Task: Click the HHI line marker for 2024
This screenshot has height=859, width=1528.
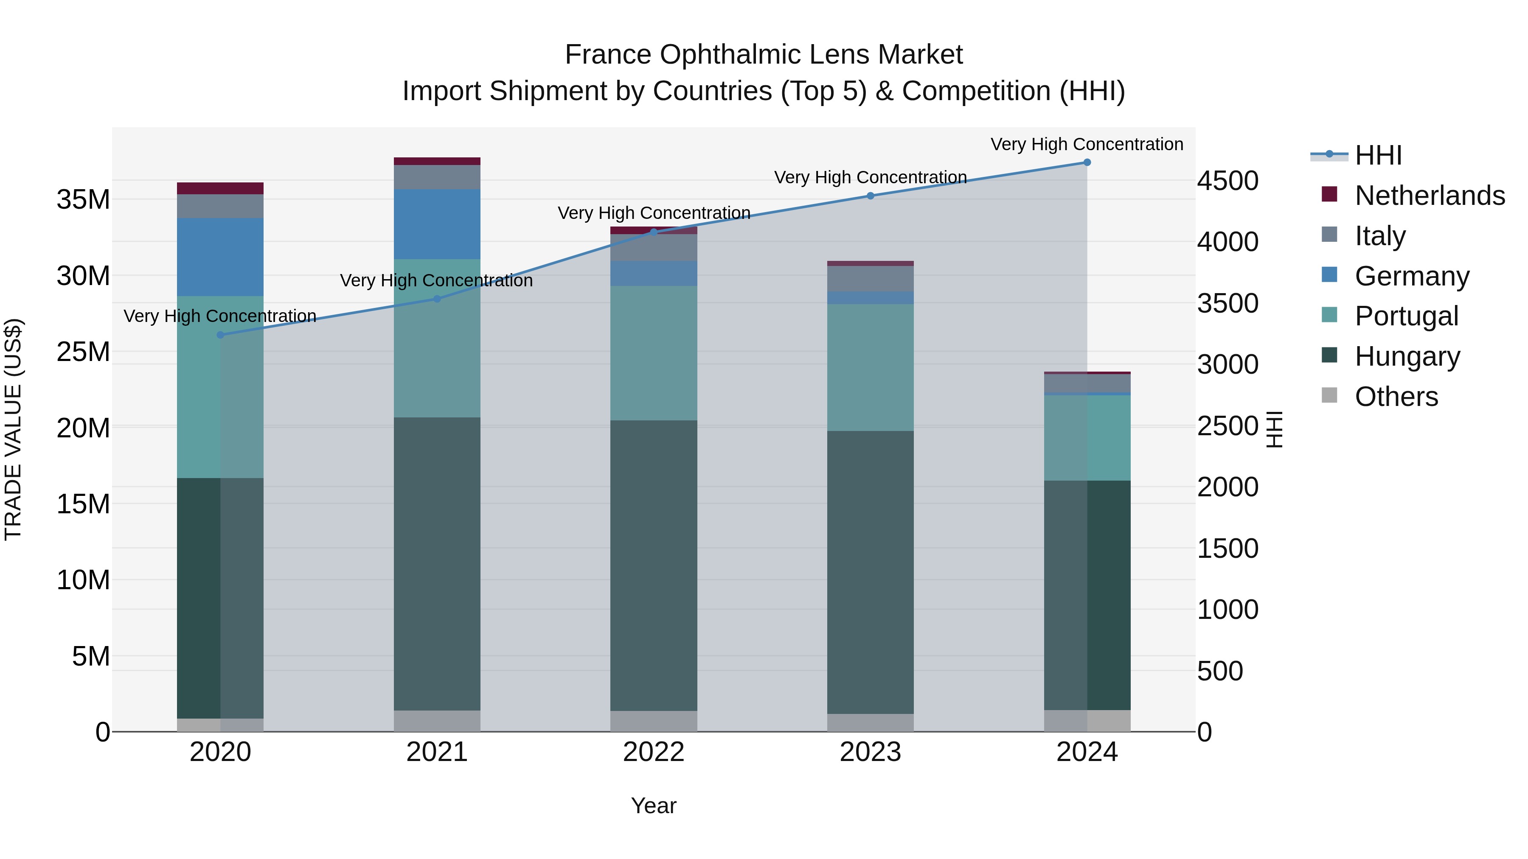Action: click(x=1087, y=162)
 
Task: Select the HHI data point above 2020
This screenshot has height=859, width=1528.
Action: click(x=221, y=335)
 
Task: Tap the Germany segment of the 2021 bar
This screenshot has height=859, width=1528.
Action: click(x=437, y=224)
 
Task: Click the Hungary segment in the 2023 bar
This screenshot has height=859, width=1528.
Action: click(x=870, y=572)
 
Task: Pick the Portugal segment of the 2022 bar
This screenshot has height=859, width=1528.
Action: click(x=654, y=353)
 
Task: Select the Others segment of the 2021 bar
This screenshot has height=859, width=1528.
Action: click(x=437, y=721)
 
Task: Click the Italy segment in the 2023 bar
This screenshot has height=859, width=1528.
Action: click(x=870, y=279)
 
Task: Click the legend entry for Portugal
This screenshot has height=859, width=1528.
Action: click(x=1406, y=316)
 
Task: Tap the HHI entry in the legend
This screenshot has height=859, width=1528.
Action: click(x=1378, y=155)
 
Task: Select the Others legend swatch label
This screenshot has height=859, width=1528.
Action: click(x=1396, y=397)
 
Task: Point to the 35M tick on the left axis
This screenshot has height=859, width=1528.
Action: click(x=83, y=200)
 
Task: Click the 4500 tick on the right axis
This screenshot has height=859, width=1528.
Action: click(x=1227, y=181)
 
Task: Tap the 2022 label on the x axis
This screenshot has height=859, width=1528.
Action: click(x=654, y=752)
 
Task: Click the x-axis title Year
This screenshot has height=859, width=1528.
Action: click(x=654, y=806)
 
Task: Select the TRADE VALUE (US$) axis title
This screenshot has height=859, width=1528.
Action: click(x=13, y=429)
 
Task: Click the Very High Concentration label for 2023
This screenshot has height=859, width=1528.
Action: click(x=870, y=177)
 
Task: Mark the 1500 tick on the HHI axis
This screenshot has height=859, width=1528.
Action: click(x=1227, y=548)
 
